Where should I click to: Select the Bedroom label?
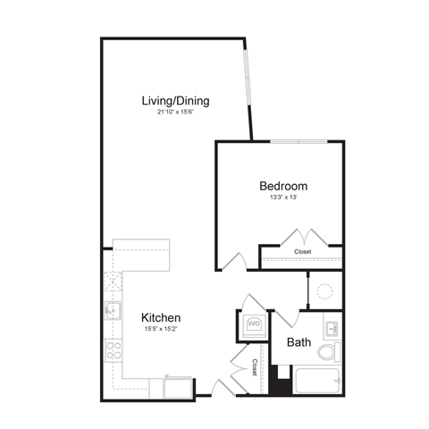click(x=283, y=186)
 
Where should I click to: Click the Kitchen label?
click(x=162, y=317)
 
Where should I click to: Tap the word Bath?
click(x=299, y=342)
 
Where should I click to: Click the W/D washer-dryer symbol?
click(x=253, y=324)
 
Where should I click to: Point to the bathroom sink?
click(x=332, y=324)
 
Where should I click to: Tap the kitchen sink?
click(x=112, y=311)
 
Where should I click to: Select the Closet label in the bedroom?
click(x=303, y=253)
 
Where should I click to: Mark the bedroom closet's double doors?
click(x=299, y=239)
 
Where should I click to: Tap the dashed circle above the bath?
click(x=325, y=291)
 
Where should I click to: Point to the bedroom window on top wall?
click(x=298, y=140)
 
